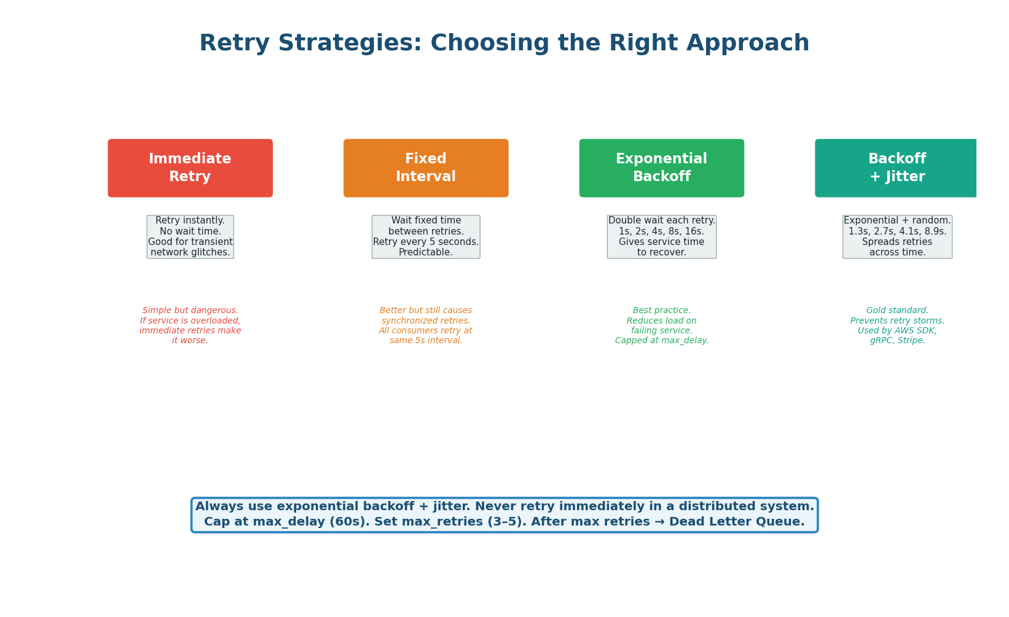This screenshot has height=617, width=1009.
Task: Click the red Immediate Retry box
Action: (x=190, y=168)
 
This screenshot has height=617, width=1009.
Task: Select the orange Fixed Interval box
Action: (x=426, y=168)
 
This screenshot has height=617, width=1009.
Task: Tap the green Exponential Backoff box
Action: (x=661, y=168)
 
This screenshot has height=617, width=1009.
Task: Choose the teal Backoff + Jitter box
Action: (x=896, y=168)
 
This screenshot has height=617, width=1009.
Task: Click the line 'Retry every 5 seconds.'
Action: (x=426, y=242)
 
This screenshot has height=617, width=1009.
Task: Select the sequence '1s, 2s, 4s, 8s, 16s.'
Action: (x=661, y=231)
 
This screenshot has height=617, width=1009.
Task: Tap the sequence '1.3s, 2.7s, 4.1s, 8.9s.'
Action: (x=897, y=231)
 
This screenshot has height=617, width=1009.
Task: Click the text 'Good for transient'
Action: (x=190, y=242)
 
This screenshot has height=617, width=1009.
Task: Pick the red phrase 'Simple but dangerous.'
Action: (x=190, y=311)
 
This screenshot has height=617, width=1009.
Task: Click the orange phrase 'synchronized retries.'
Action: (x=426, y=320)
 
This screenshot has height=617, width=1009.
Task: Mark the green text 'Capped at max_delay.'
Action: (x=661, y=341)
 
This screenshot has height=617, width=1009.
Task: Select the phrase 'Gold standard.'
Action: (x=897, y=311)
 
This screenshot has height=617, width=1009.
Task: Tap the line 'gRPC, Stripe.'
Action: (x=897, y=341)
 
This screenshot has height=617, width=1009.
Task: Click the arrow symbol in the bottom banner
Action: (x=661, y=522)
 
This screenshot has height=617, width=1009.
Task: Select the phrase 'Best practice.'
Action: (x=661, y=311)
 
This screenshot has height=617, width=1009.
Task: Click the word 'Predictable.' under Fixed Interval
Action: (x=426, y=252)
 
